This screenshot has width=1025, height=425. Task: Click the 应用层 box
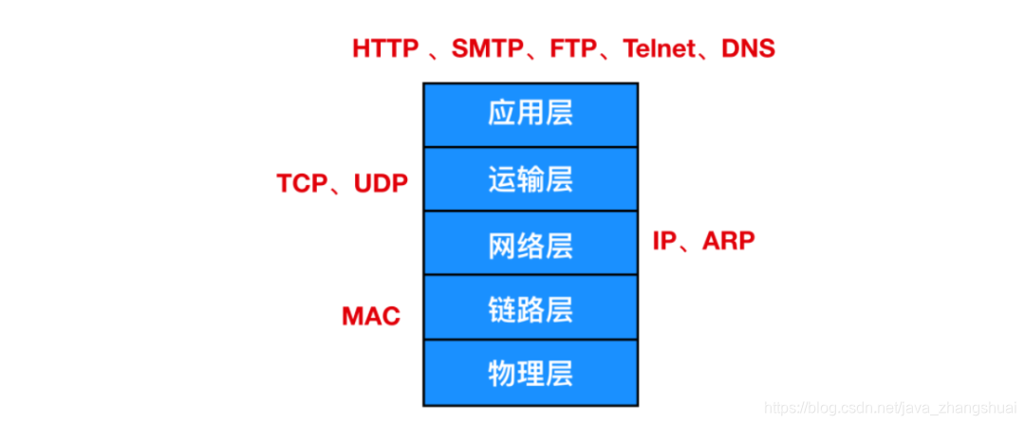531,115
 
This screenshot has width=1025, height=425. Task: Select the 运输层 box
531,179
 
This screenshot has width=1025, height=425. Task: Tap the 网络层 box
531,244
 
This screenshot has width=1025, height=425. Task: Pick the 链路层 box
531,307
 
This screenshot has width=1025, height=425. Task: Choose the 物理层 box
531,371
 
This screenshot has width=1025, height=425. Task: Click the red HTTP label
386,49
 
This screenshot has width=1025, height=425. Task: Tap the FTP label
572,49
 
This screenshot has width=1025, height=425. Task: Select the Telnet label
658,49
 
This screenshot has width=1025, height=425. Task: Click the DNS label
750,49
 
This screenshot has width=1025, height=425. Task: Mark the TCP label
302,184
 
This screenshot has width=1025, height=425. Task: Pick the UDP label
381,184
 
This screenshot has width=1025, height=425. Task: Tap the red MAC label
371,316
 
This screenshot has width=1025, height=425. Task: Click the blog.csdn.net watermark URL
891,408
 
